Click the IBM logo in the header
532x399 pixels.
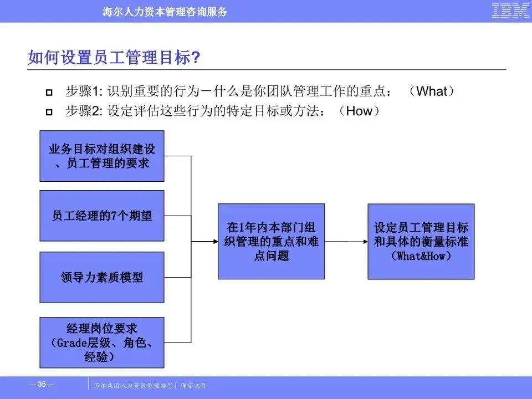pyautogui.click(x=510, y=11)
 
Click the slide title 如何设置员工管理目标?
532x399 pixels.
pyautogui.click(x=114, y=58)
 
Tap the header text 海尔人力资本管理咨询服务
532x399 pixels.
pyautogui.click(x=165, y=12)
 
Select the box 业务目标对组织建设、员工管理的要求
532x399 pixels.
pyautogui.click(x=102, y=156)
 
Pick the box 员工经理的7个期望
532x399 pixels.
pyautogui.click(x=102, y=216)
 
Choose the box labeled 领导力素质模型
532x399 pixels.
pyautogui.click(x=102, y=277)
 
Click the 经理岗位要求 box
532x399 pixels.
pyautogui.click(x=102, y=342)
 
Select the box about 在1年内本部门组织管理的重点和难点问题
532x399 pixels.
pyautogui.click(x=271, y=241)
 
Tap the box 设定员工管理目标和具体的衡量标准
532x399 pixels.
pyautogui.click(x=421, y=241)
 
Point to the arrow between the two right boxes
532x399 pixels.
pyautogui.click(x=346, y=242)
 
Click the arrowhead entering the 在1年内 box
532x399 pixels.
pyautogui.click(x=213, y=242)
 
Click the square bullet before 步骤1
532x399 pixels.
pyautogui.click(x=49, y=92)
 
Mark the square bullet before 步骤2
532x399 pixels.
pyautogui.click(x=49, y=112)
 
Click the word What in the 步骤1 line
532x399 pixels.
pyautogui.click(x=431, y=91)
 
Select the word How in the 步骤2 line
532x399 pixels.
pyautogui.click(x=359, y=111)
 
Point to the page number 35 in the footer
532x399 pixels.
pyautogui.click(x=42, y=384)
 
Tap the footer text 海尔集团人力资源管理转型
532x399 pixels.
pyautogui.click(x=134, y=385)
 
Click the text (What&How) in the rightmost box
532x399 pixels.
pyautogui.click(x=421, y=256)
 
